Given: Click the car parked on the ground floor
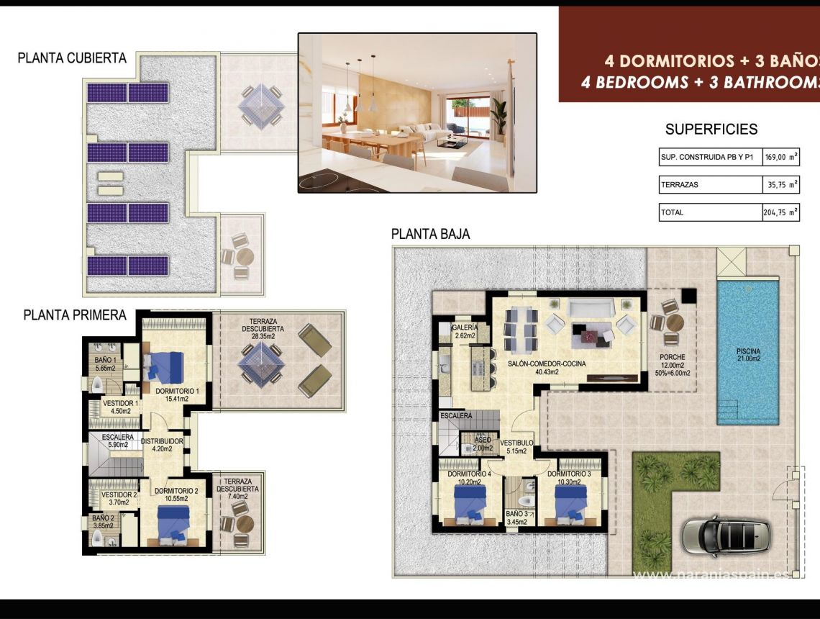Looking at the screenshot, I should pos(727,536).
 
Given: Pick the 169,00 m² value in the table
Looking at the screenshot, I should pos(780,157).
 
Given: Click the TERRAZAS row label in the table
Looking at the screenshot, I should pos(680,185).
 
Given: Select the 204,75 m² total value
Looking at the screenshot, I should pos(780,212).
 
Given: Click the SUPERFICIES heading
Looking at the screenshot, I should pos(711,130).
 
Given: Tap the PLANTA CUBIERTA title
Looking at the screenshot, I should pos(72,58).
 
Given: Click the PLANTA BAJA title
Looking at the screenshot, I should pos(430,234).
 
